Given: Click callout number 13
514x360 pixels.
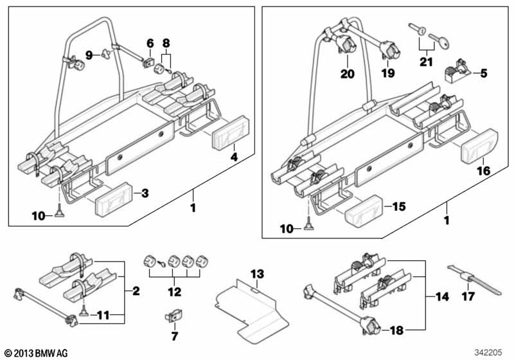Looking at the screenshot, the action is [257, 274].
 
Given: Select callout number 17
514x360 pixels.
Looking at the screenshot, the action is [468, 296].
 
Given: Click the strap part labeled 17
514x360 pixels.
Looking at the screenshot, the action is [474, 280].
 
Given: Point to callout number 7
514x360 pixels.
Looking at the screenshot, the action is [174, 336].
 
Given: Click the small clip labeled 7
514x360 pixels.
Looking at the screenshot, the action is [173, 316].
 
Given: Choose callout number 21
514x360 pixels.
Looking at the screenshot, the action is [426, 62].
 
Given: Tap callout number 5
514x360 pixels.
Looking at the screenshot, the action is [484, 73].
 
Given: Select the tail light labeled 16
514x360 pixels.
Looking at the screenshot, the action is [480, 147].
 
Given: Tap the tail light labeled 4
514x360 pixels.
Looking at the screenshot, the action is [231, 133].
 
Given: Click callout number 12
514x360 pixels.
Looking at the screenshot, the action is [174, 291].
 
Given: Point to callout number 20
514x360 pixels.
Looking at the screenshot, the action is [347, 74].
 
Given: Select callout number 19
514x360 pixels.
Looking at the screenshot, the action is [388, 73].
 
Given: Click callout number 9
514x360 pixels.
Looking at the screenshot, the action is [89, 55].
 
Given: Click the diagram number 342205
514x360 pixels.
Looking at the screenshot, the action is [488, 353].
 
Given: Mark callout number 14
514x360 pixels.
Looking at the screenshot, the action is [442, 297].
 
